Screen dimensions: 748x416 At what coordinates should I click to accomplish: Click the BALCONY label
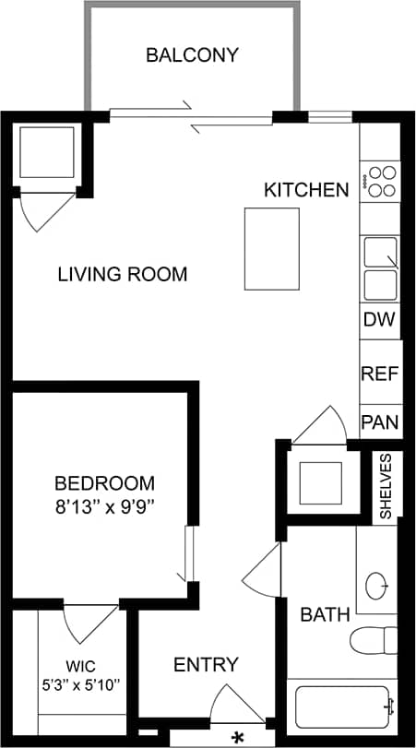(x=192, y=55)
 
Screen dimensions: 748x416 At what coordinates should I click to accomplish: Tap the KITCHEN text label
(x=306, y=191)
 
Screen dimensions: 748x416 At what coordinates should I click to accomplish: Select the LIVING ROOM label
(x=123, y=274)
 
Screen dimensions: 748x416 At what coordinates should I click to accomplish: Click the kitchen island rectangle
(x=271, y=247)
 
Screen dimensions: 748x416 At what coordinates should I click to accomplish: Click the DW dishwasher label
(x=378, y=320)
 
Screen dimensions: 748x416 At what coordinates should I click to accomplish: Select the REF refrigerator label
(x=378, y=374)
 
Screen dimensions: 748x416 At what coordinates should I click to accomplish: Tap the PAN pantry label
(x=378, y=422)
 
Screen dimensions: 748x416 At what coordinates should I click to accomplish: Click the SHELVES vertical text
(x=386, y=486)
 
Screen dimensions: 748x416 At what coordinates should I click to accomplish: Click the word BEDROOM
(x=104, y=483)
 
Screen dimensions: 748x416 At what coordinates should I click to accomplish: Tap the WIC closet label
(x=80, y=666)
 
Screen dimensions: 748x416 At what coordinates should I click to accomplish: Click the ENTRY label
(x=207, y=664)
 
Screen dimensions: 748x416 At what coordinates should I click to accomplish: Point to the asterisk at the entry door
(x=238, y=736)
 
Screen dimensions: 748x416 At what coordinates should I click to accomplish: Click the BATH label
(x=325, y=614)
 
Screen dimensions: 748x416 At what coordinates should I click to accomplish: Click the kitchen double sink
(x=380, y=268)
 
